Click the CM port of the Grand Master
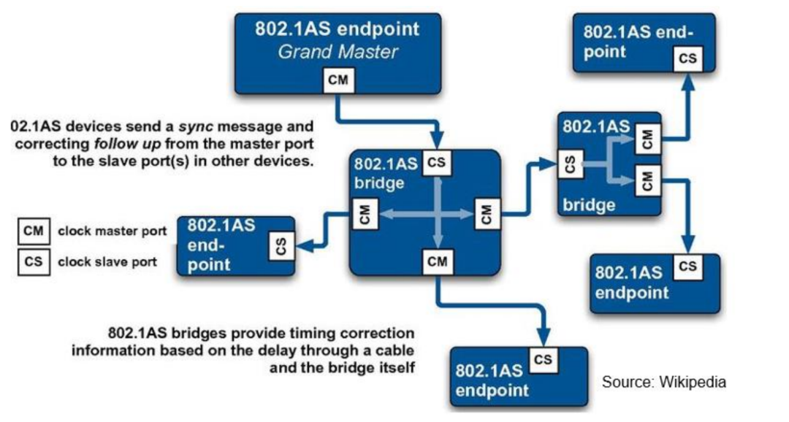338,80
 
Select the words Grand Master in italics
337,53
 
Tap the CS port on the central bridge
436,164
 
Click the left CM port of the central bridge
365,213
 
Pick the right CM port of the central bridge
487,213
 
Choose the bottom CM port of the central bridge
436,259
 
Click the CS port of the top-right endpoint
687,58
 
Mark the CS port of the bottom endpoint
543,360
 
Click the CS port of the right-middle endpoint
687,266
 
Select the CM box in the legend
33,231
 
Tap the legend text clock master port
113,231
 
